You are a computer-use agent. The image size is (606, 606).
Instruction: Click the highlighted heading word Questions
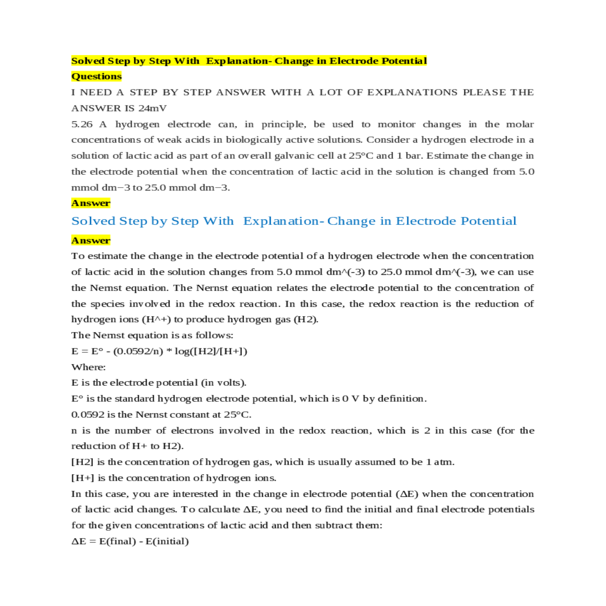(96, 76)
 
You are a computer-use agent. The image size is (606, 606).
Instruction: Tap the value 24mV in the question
(152, 108)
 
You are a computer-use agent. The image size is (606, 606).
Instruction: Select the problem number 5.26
(82, 124)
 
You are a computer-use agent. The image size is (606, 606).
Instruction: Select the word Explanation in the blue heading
(281, 221)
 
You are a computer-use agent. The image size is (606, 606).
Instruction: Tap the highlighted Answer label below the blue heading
(91, 240)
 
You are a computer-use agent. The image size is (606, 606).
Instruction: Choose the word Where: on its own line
(88, 367)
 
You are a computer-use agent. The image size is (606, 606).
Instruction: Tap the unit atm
(443, 462)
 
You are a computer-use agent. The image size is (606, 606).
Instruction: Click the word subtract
(334, 526)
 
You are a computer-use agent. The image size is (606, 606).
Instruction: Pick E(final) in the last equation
(118, 541)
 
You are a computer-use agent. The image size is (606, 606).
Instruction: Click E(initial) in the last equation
(167, 541)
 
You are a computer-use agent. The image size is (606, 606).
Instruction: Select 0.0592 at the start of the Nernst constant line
(88, 415)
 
